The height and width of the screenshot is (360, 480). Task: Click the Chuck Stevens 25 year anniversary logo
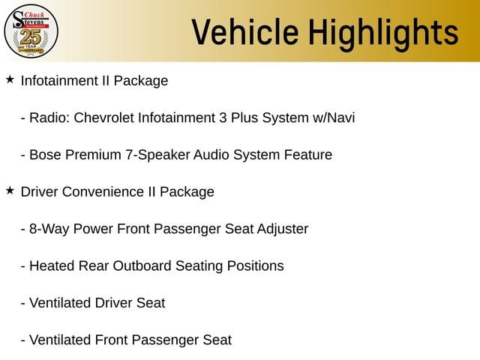[31, 31]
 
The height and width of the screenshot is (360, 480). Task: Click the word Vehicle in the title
[245, 31]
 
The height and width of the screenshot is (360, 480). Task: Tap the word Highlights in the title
[383, 34]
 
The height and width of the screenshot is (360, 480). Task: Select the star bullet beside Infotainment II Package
[10, 79]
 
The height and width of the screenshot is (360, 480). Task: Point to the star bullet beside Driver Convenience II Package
[10, 190]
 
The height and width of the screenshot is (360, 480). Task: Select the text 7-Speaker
[157, 155]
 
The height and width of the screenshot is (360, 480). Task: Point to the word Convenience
[103, 192]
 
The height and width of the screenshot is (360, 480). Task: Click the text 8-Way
[49, 229]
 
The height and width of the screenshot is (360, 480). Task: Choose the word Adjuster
[283, 229]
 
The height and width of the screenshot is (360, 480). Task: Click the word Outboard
[142, 265]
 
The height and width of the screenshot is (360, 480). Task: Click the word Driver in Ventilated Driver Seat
[113, 303]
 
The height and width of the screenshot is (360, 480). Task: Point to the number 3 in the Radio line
[223, 118]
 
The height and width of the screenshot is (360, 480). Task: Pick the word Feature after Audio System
[308, 154]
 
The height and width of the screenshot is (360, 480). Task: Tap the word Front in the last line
[112, 340]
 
